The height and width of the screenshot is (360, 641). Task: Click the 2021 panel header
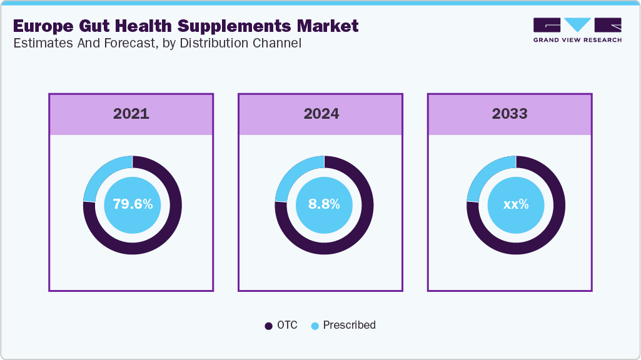tap(131, 114)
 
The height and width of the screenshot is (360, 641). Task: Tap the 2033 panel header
tap(510, 114)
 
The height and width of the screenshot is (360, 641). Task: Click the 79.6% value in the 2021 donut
tap(133, 204)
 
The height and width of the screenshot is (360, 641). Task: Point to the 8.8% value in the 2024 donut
tap(324, 204)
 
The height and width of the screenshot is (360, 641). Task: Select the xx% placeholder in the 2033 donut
tap(516, 204)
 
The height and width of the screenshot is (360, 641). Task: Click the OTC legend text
tap(288, 325)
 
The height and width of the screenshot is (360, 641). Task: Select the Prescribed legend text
tap(349, 325)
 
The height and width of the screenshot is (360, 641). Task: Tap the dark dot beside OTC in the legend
tap(269, 326)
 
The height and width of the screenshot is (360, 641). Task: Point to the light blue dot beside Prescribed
tap(315, 326)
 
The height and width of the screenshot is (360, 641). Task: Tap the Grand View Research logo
tap(577, 30)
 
